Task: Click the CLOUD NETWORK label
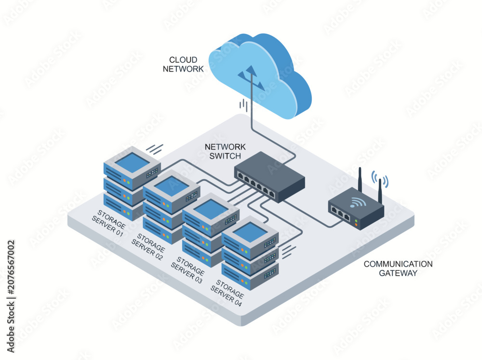pyautogui.click(x=183, y=64)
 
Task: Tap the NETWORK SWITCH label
pyautogui.click(x=225, y=151)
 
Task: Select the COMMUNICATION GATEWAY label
pyautogui.click(x=398, y=268)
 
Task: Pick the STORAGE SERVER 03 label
pyautogui.click(x=188, y=270)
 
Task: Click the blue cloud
pyautogui.click(x=260, y=76)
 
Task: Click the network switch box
pyautogui.click(x=269, y=177)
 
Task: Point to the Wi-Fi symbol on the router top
pyautogui.click(x=358, y=201)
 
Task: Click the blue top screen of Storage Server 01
pyautogui.click(x=133, y=162)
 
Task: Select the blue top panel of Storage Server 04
pyautogui.click(x=250, y=232)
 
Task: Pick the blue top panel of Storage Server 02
pyautogui.click(x=172, y=186)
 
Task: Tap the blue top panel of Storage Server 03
pyautogui.click(x=211, y=209)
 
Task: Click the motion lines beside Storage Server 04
pyautogui.click(x=289, y=252)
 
